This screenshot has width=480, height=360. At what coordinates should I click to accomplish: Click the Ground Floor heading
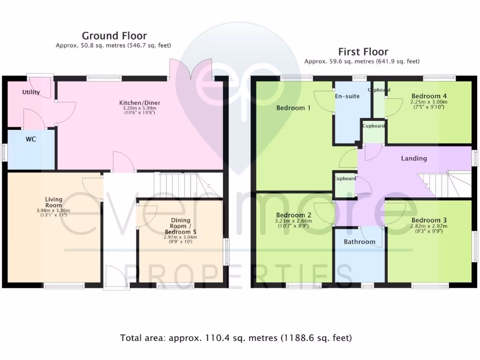(114, 36)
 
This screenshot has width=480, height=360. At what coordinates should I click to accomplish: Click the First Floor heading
(363, 52)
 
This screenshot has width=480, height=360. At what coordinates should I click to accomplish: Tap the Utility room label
(31, 92)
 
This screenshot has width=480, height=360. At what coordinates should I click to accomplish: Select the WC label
(31, 139)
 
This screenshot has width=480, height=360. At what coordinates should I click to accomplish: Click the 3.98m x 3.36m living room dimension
(53, 210)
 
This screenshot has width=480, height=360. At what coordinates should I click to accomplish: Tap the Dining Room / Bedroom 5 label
(180, 226)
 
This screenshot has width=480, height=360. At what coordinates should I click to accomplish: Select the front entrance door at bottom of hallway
(116, 277)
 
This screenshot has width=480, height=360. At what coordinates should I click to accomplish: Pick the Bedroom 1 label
(293, 108)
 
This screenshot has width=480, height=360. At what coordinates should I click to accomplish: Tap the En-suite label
(347, 96)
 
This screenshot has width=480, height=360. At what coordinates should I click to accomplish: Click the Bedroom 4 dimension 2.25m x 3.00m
(429, 102)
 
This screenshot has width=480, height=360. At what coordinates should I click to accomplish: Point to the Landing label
(414, 158)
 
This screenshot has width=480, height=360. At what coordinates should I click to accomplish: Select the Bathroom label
(360, 242)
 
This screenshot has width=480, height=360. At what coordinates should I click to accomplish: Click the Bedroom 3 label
(429, 220)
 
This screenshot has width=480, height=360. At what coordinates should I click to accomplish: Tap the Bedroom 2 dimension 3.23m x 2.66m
(294, 221)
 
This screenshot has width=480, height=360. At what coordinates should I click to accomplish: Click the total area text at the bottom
(236, 337)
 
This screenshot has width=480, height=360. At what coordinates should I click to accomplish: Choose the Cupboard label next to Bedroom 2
(345, 179)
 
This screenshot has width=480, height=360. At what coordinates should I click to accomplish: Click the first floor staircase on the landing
(434, 184)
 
